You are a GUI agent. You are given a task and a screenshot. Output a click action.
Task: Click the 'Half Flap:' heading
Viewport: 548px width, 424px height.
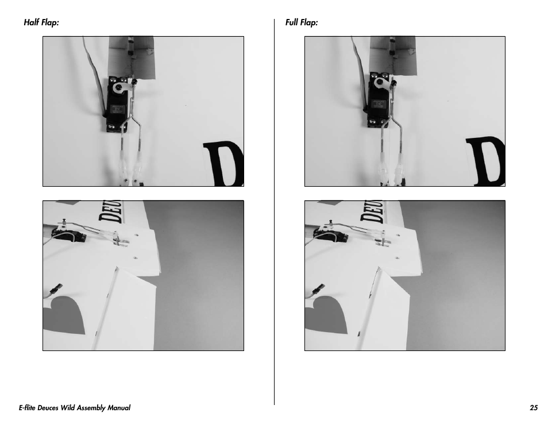41,22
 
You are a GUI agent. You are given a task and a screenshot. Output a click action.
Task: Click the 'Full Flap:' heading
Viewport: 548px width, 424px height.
302,22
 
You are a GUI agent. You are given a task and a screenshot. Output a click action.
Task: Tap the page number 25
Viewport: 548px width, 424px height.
534,407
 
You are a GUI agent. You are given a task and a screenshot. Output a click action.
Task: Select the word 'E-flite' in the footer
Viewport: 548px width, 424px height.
27,407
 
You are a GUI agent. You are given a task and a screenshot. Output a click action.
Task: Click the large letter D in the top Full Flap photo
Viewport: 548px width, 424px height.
487,161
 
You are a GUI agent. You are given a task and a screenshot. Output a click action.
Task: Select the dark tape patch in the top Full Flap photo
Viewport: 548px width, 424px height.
393,55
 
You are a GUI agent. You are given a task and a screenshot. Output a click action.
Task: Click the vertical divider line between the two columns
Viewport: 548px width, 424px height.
275,212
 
